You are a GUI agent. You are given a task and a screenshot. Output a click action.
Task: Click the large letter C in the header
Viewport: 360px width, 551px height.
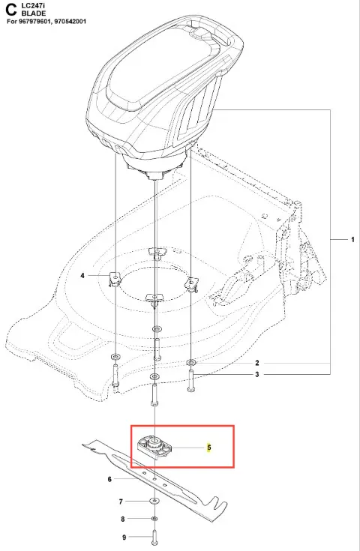click(x=11, y=10)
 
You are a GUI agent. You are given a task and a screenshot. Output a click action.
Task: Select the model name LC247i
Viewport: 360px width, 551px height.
click(x=33, y=6)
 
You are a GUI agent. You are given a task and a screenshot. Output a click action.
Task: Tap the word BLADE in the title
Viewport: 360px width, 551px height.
click(x=34, y=13)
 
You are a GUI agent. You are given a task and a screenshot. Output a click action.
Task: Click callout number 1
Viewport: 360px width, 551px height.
click(x=352, y=240)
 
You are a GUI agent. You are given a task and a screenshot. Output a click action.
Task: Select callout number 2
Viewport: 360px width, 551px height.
click(x=257, y=363)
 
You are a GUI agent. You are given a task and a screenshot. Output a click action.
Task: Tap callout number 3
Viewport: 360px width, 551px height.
click(x=257, y=374)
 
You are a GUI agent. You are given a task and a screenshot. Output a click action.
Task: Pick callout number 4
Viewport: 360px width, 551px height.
click(x=82, y=276)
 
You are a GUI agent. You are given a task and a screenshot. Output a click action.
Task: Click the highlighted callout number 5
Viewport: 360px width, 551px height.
click(x=209, y=448)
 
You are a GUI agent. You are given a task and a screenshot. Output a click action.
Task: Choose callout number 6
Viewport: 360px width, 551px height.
click(x=109, y=479)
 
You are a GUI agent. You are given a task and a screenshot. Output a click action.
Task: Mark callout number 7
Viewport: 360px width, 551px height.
click(x=121, y=502)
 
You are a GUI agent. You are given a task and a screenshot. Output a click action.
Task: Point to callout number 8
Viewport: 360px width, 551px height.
click(x=123, y=519)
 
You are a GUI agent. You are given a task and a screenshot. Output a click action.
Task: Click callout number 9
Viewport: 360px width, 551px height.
click(x=124, y=538)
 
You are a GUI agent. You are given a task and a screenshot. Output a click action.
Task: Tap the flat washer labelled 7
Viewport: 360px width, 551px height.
click(x=154, y=501)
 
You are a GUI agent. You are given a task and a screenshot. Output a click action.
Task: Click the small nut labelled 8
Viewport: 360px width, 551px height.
click(x=154, y=519)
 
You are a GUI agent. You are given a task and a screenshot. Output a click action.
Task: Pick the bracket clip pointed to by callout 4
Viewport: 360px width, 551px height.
click(x=114, y=279)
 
